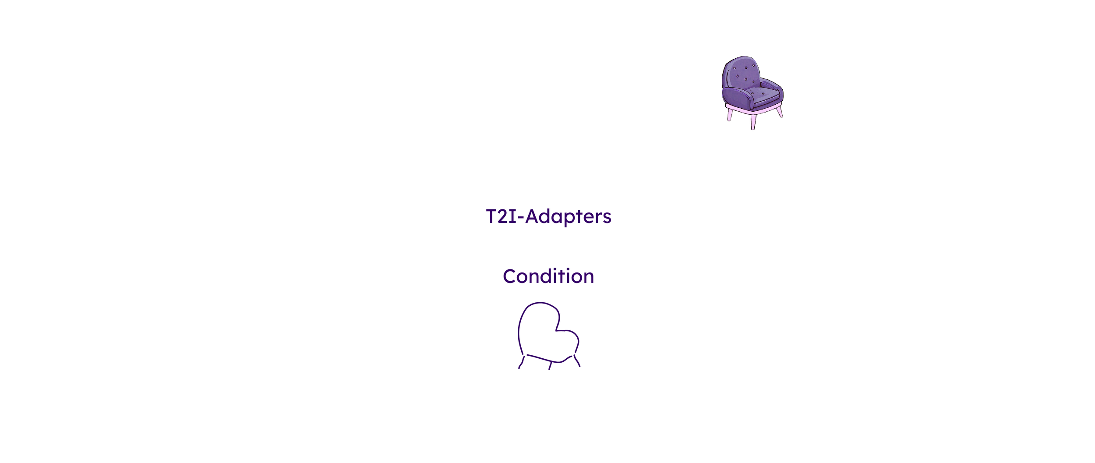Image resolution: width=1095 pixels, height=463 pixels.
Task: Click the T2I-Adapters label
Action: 548,216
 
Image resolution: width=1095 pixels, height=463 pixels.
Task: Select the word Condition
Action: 548,276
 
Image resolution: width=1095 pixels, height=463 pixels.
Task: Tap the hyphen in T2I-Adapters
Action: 521,218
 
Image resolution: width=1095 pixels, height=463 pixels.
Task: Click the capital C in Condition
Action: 509,276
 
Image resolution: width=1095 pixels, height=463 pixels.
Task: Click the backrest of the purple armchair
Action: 742,72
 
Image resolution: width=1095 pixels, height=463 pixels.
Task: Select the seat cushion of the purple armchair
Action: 765,94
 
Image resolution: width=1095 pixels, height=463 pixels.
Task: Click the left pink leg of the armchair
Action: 730,115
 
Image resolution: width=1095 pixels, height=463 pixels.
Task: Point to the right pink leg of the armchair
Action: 780,112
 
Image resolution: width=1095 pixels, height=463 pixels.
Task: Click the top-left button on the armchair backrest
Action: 735,68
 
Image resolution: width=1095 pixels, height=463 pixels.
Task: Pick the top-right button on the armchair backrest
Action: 753,66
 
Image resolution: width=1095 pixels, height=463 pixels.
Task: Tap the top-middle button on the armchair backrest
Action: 746,68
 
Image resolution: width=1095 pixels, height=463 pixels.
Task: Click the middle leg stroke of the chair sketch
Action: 551,366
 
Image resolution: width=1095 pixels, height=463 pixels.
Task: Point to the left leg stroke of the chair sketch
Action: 522,363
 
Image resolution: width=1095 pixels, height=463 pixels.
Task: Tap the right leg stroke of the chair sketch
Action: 577,361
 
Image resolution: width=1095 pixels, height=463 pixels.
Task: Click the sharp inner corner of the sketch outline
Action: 556,330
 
